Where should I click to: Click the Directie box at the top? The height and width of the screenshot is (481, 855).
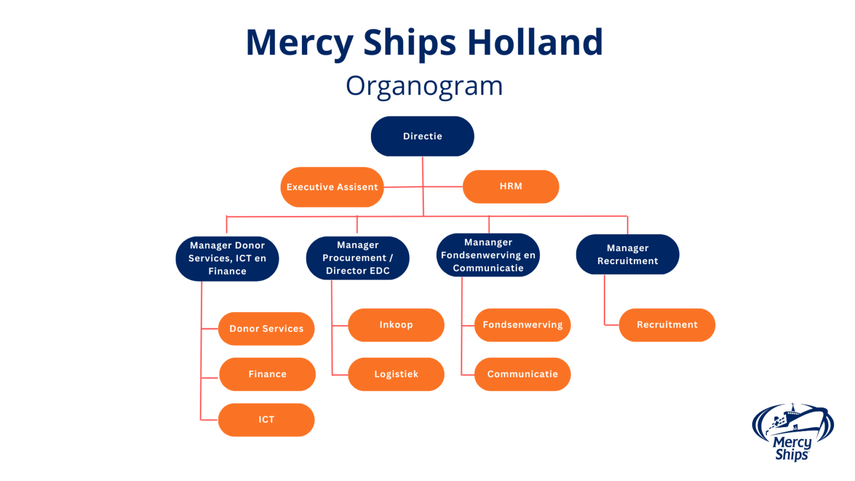[x=422, y=136]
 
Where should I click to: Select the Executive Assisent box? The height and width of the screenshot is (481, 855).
[x=332, y=187]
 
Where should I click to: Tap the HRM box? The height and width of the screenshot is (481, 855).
[x=510, y=187]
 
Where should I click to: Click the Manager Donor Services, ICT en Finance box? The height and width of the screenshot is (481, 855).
[x=227, y=259]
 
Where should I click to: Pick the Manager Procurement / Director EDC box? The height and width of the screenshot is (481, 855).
[x=357, y=258]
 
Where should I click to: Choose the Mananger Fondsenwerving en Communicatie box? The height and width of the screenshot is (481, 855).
[x=488, y=255]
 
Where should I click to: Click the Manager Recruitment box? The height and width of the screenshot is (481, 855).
[x=627, y=254]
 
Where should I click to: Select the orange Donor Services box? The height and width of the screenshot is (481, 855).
[x=266, y=329]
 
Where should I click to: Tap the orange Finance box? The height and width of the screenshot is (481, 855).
[x=267, y=374]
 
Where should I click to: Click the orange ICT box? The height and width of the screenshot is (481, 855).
[x=266, y=420]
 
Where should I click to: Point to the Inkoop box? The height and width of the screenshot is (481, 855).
[x=396, y=325]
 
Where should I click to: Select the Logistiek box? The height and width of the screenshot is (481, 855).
[x=396, y=374]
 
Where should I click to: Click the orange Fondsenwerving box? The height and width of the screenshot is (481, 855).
[x=522, y=325]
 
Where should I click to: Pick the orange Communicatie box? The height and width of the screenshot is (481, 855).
[x=522, y=374]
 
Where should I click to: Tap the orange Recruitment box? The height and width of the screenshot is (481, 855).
[x=667, y=325]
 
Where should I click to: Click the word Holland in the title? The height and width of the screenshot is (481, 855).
[x=535, y=42]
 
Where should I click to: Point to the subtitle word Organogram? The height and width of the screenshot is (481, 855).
[x=424, y=86]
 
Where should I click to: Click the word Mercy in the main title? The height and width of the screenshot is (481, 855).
[x=299, y=42]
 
